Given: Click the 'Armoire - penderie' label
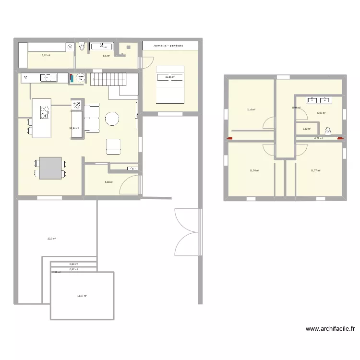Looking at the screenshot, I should coord(170,46).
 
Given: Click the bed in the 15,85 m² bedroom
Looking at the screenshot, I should coord(170,84).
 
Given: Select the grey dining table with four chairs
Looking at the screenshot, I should coord(50,168).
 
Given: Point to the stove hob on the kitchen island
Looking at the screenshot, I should coord(45,112).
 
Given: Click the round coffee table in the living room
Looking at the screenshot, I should coord(113,118).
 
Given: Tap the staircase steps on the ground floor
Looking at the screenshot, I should coord(114,79).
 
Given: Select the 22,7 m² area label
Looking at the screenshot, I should coord(52,239).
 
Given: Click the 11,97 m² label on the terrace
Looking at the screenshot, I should coord(82,296).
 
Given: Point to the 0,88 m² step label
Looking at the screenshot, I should coord(73,264).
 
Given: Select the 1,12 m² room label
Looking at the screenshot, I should coord(307,129).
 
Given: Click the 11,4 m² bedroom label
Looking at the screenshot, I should coord(251,110).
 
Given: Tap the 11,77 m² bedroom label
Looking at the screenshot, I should coord(315,170).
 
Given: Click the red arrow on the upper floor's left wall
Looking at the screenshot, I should coord(229,139).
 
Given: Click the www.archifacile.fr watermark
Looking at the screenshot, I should coord(330,329).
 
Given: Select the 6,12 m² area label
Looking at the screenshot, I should coord(46,55).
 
